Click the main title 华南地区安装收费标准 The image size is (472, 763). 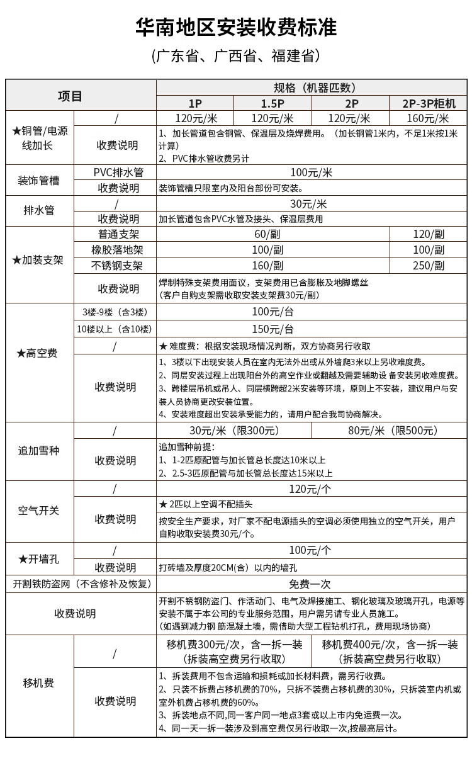(236, 27)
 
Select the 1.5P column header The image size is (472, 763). (273, 103)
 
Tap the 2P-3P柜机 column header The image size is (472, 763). (429, 103)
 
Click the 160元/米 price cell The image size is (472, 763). (429, 118)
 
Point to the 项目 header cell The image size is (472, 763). (70, 96)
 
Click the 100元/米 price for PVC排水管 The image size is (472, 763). (311, 172)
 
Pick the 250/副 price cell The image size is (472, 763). (429, 266)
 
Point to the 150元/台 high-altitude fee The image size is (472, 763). (273, 329)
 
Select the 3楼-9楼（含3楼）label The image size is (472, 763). (115, 312)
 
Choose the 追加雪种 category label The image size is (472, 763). (40, 451)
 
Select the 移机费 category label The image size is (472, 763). (39, 683)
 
